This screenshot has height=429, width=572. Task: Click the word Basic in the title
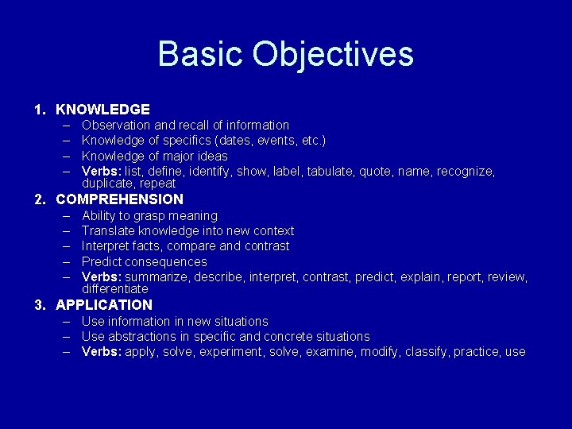pyautogui.click(x=200, y=54)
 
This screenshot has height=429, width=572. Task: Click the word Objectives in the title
pyautogui.click(x=333, y=54)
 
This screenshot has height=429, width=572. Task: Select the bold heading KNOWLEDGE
pyautogui.click(x=102, y=109)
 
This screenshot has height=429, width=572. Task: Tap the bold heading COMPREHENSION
pyautogui.click(x=119, y=199)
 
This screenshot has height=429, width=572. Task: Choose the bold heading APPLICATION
pyautogui.click(x=104, y=305)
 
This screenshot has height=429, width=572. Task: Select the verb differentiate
pyautogui.click(x=114, y=288)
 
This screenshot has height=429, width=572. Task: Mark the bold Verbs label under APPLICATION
pyautogui.click(x=102, y=352)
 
